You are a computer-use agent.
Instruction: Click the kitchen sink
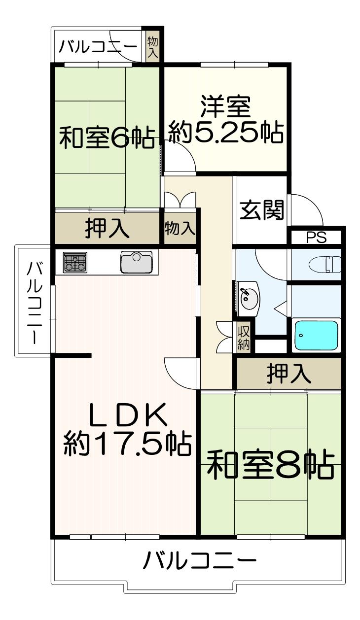[x=136, y=262]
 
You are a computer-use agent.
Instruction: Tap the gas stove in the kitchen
[x=75, y=262]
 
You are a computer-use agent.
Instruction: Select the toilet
[x=324, y=264]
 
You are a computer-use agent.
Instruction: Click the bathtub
[x=316, y=335]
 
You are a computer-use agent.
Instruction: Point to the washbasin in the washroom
[x=248, y=298]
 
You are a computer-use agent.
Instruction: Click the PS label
[x=317, y=238]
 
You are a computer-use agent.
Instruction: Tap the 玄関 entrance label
[x=262, y=210]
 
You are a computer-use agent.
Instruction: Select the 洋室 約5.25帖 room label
[x=226, y=120]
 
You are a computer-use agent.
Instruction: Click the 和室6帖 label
[x=107, y=138]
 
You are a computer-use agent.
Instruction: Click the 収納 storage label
[x=244, y=337]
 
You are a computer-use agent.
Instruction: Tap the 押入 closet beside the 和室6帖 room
[x=107, y=228]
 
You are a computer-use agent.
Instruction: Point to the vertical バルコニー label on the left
[x=35, y=304]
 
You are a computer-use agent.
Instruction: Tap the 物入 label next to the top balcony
[x=152, y=48]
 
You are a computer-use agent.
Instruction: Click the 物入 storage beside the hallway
[x=180, y=228]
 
